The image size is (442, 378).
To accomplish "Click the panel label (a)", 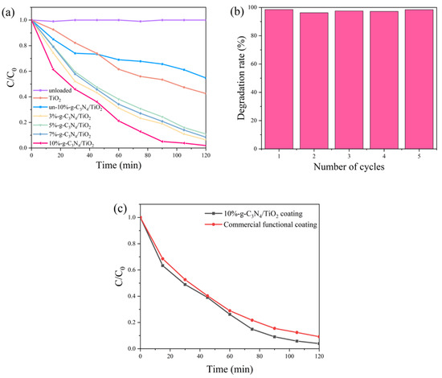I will (10, 10).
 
